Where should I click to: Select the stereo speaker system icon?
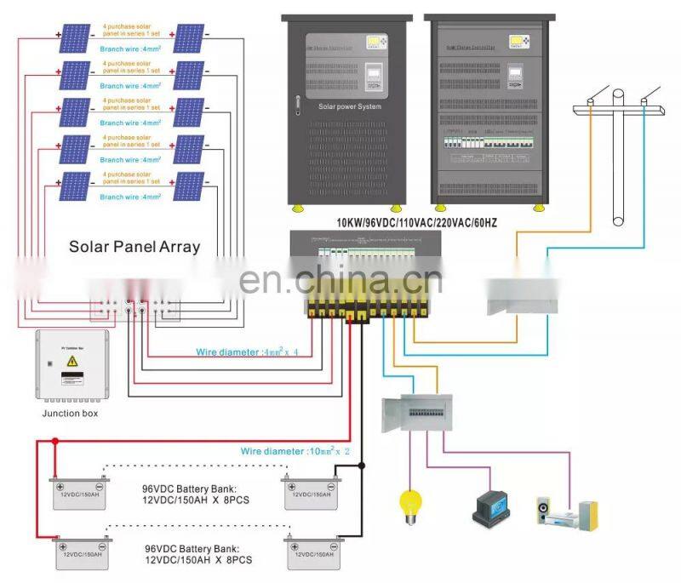pyautogui.click(x=566, y=512)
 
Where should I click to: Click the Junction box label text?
pyautogui.click(x=70, y=414)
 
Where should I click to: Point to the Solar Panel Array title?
pyautogui.click(x=134, y=247)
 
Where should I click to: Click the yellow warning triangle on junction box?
pyautogui.click(x=72, y=362)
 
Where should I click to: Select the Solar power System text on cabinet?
pyautogui.click(x=349, y=107)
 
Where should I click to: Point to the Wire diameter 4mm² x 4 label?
pyautogui.click(x=243, y=349)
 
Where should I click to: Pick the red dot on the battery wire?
pyautogui.click(x=54, y=442)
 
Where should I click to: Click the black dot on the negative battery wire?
pyautogui.click(x=362, y=466)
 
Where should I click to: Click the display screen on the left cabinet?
pyautogui.click(x=377, y=42)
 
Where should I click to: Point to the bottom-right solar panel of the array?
pyautogui.click(x=188, y=185)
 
